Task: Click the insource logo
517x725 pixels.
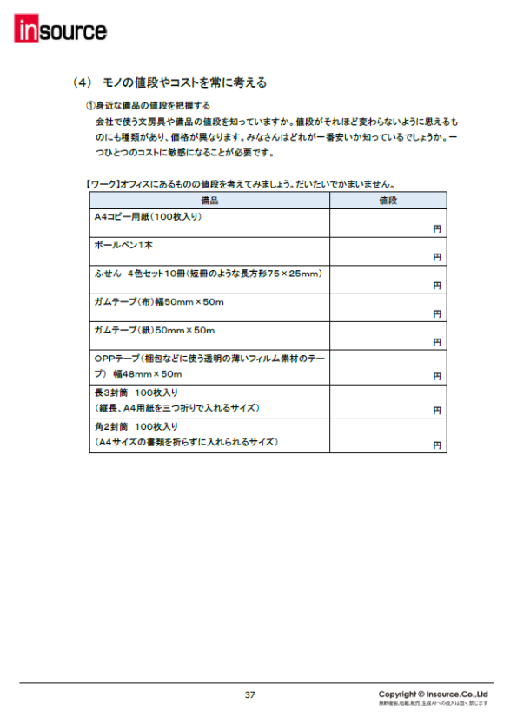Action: tap(60, 32)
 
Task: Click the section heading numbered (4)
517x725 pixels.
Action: tap(169, 83)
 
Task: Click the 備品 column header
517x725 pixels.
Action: tap(209, 201)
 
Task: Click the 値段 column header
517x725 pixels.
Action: tap(388, 201)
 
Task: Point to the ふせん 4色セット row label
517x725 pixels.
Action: tap(208, 274)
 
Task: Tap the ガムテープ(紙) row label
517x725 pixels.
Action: tap(154, 331)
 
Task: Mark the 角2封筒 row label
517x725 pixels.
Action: tap(185, 434)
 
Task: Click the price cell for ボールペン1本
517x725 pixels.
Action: tap(388, 251)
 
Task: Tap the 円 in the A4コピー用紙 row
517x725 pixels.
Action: tap(437, 229)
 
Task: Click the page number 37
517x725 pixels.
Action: tap(250, 695)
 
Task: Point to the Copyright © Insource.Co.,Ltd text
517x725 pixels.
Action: tap(434, 694)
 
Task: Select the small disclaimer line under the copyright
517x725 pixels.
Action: tap(433, 703)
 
